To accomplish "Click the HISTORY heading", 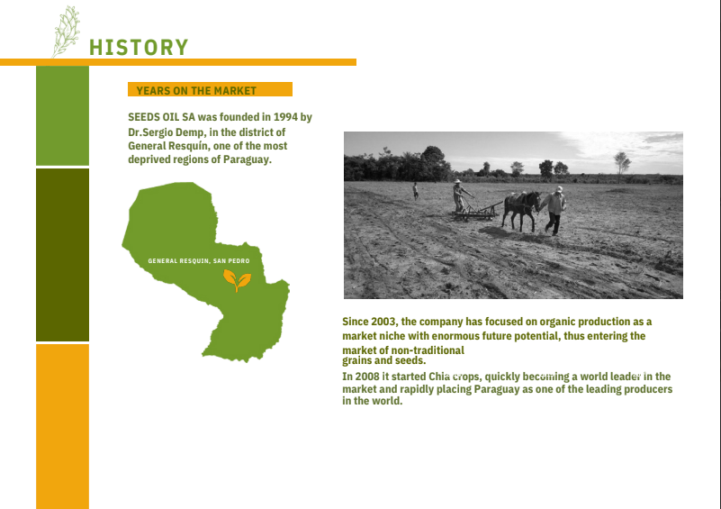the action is tap(139, 48).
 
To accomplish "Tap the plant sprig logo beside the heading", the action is tap(66, 32).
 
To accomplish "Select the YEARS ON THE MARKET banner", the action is tap(210, 89).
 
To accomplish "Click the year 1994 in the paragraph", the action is tap(285, 117).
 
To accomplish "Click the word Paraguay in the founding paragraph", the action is tap(247, 159).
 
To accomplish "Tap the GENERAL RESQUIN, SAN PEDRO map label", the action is tap(199, 261).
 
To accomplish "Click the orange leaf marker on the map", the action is tap(237, 280).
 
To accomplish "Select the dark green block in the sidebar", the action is tap(62, 254).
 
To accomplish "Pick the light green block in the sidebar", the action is tap(62, 115).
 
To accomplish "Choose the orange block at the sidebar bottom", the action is tap(62, 427).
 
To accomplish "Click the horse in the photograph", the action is tap(521, 210).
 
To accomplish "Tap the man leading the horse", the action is tap(555, 210).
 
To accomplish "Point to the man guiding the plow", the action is tap(460, 195).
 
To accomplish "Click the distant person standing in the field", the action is tap(416, 190).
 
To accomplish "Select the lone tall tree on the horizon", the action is tap(622, 163).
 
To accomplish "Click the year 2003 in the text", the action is tap(383, 322).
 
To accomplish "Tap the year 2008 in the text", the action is tap(367, 377).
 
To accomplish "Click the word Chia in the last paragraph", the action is tap(438, 377).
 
